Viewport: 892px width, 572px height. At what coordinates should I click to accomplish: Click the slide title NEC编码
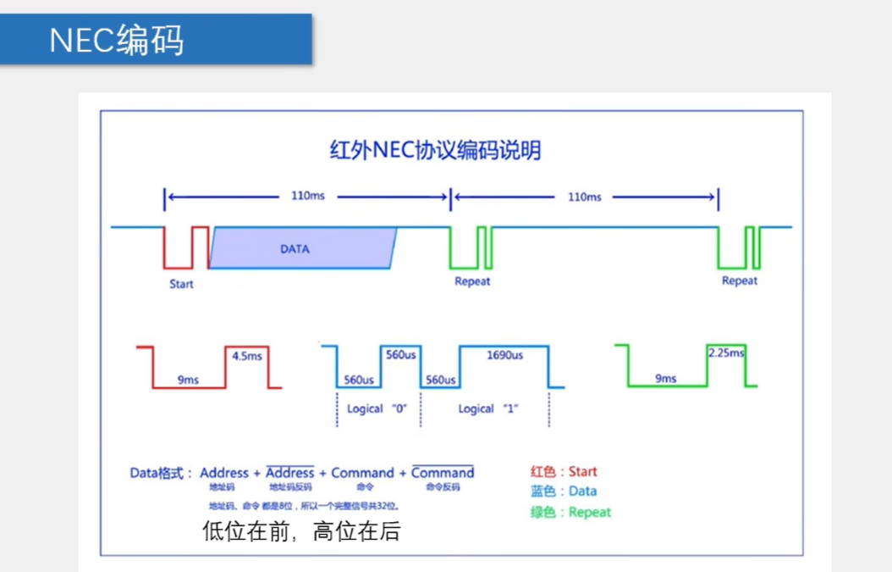coord(117,40)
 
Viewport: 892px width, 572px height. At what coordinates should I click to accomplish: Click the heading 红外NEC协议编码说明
coord(435,151)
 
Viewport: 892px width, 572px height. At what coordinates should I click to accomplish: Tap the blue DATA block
coord(295,249)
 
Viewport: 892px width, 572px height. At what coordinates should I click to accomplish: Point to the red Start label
coord(181,283)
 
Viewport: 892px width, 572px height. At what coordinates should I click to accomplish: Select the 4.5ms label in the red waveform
coord(246,356)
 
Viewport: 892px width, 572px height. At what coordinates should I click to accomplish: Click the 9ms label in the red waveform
coord(188,380)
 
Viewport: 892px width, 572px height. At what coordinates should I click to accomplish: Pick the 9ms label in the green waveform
coord(666,379)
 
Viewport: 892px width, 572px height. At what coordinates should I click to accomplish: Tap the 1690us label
coord(504,356)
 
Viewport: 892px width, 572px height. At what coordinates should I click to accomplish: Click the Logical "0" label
coord(377,408)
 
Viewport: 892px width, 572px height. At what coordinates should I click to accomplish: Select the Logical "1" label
coord(488,408)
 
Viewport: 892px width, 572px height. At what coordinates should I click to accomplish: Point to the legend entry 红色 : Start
coord(564,471)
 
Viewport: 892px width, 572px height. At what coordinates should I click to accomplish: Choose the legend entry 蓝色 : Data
coord(564,491)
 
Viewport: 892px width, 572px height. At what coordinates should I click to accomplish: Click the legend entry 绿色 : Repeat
coord(570,512)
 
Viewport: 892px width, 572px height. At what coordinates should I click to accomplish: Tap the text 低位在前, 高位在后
coord(300,531)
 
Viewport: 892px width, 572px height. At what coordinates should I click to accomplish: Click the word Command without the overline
coord(362,473)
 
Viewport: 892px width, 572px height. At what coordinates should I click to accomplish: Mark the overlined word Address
coord(289,473)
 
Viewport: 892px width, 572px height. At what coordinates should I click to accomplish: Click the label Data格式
coord(161,473)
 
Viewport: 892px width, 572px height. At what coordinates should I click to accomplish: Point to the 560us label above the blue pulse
coord(400,355)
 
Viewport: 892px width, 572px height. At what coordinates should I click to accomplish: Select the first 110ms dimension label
coord(307,197)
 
